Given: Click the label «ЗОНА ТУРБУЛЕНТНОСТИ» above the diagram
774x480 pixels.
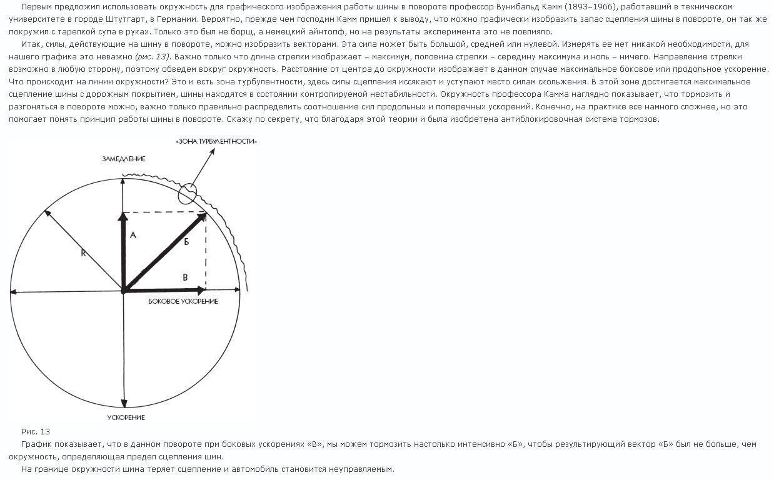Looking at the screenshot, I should click(217, 142).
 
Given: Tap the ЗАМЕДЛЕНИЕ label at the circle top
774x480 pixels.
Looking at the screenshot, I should click(124, 159).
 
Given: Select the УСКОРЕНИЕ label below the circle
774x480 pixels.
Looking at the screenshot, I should click(126, 417).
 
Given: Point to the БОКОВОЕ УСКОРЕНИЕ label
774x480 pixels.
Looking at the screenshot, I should click(183, 301).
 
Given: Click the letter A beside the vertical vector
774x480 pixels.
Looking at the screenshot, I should click(133, 236).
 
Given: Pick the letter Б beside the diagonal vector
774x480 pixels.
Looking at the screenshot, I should click(186, 242).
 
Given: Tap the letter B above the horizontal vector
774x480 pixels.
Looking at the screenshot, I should click(184, 277).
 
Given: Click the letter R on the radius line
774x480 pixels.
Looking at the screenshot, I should click(83, 253).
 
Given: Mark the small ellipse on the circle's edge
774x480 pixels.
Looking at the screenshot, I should click(188, 194).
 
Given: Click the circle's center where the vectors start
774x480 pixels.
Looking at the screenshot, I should click(124, 291).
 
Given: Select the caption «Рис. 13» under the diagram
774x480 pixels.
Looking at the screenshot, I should click(36, 431).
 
